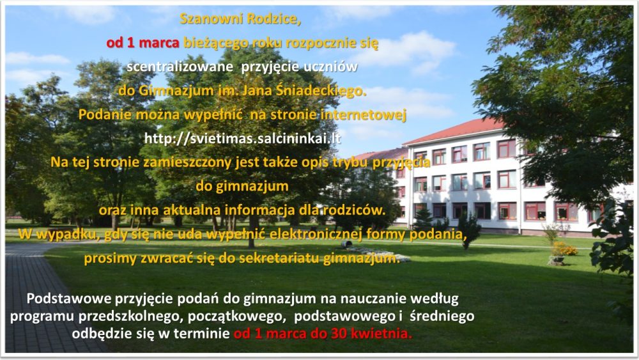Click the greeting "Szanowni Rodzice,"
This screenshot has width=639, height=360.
pyautogui.click(x=240, y=19)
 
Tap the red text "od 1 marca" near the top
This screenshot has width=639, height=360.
pyautogui.click(x=143, y=43)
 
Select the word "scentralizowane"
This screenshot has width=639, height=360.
pyautogui.click(x=180, y=67)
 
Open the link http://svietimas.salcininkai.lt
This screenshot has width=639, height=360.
pyautogui.click(x=242, y=139)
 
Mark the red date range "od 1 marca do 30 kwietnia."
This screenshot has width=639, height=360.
pyautogui.click(x=323, y=334)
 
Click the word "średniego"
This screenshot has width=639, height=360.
pyautogui.click(x=442, y=317)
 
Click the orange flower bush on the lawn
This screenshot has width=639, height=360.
pyautogui.click(x=564, y=249)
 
